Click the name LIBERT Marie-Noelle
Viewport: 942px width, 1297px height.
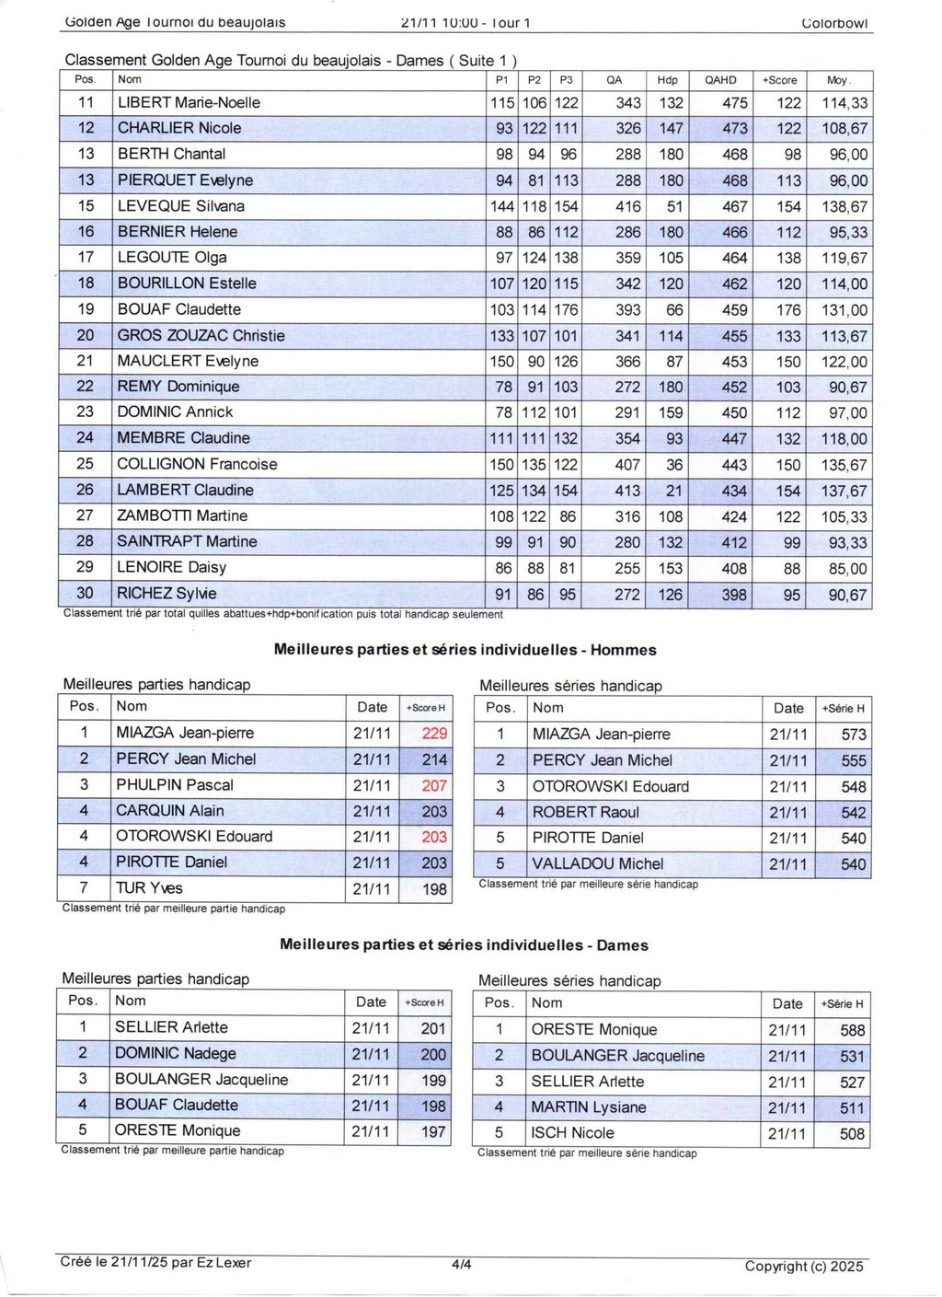click(189, 103)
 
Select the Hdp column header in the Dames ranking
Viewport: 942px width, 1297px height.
click(667, 80)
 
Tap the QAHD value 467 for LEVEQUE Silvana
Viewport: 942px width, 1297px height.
click(734, 207)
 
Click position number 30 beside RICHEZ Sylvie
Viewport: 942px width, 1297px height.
click(86, 594)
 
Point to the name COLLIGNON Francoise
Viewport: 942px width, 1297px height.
click(197, 465)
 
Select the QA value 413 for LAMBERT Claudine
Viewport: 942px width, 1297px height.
click(627, 491)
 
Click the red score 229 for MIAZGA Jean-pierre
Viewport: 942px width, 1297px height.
click(434, 734)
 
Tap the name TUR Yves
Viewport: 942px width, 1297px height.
click(149, 888)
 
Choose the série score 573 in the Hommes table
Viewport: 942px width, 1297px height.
click(853, 735)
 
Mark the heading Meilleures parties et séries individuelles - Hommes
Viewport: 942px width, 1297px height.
click(465, 650)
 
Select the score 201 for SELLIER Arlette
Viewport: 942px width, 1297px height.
click(433, 1028)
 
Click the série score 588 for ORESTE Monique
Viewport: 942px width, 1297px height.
click(852, 1031)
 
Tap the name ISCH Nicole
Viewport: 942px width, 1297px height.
click(572, 1133)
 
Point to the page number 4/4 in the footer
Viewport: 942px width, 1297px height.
click(462, 1265)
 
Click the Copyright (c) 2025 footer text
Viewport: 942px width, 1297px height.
click(804, 1267)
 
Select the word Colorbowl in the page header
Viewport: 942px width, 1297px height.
click(834, 23)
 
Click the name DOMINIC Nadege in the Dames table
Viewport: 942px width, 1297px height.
click(175, 1053)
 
